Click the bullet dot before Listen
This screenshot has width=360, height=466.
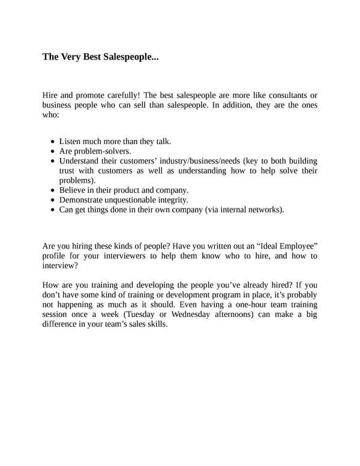53,142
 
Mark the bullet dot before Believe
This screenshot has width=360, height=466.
53,190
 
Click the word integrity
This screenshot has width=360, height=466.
172,200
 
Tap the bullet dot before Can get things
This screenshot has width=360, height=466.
53,210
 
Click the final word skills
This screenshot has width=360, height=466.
155,324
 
